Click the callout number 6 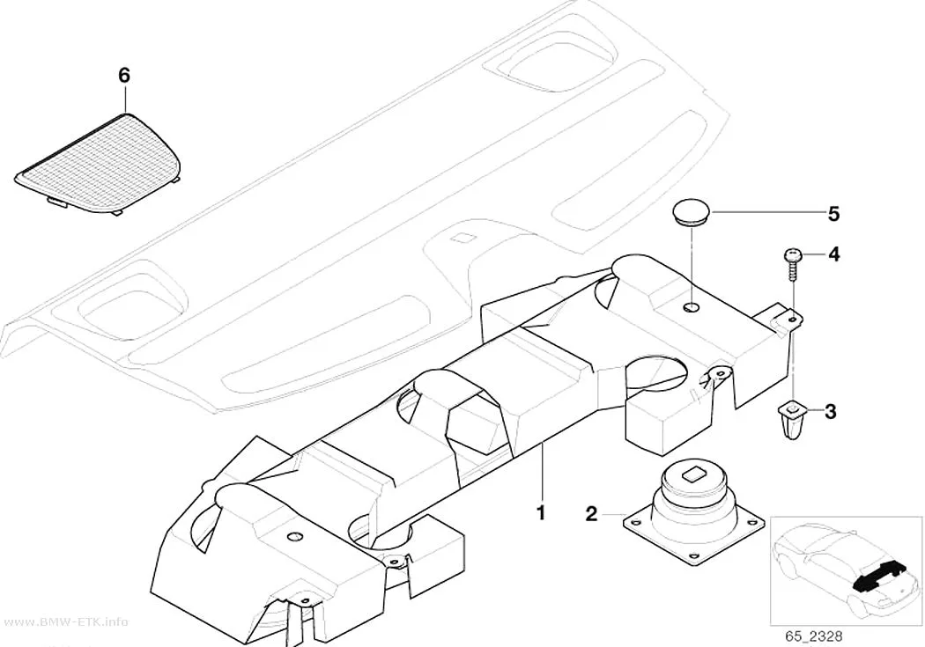pyautogui.click(x=124, y=76)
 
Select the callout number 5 pyautogui.click(x=833, y=213)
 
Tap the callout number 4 pyautogui.click(x=833, y=254)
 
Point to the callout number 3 pyautogui.click(x=830, y=411)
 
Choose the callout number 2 pyautogui.click(x=591, y=514)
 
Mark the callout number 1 pyautogui.click(x=540, y=512)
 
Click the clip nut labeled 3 pyautogui.click(x=792, y=418)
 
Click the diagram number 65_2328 pyautogui.click(x=813, y=636)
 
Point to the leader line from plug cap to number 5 pyautogui.click(x=766, y=212)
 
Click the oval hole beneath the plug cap pyautogui.click(x=691, y=307)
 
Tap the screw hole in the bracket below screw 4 pyautogui.click(x=793, y=320)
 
